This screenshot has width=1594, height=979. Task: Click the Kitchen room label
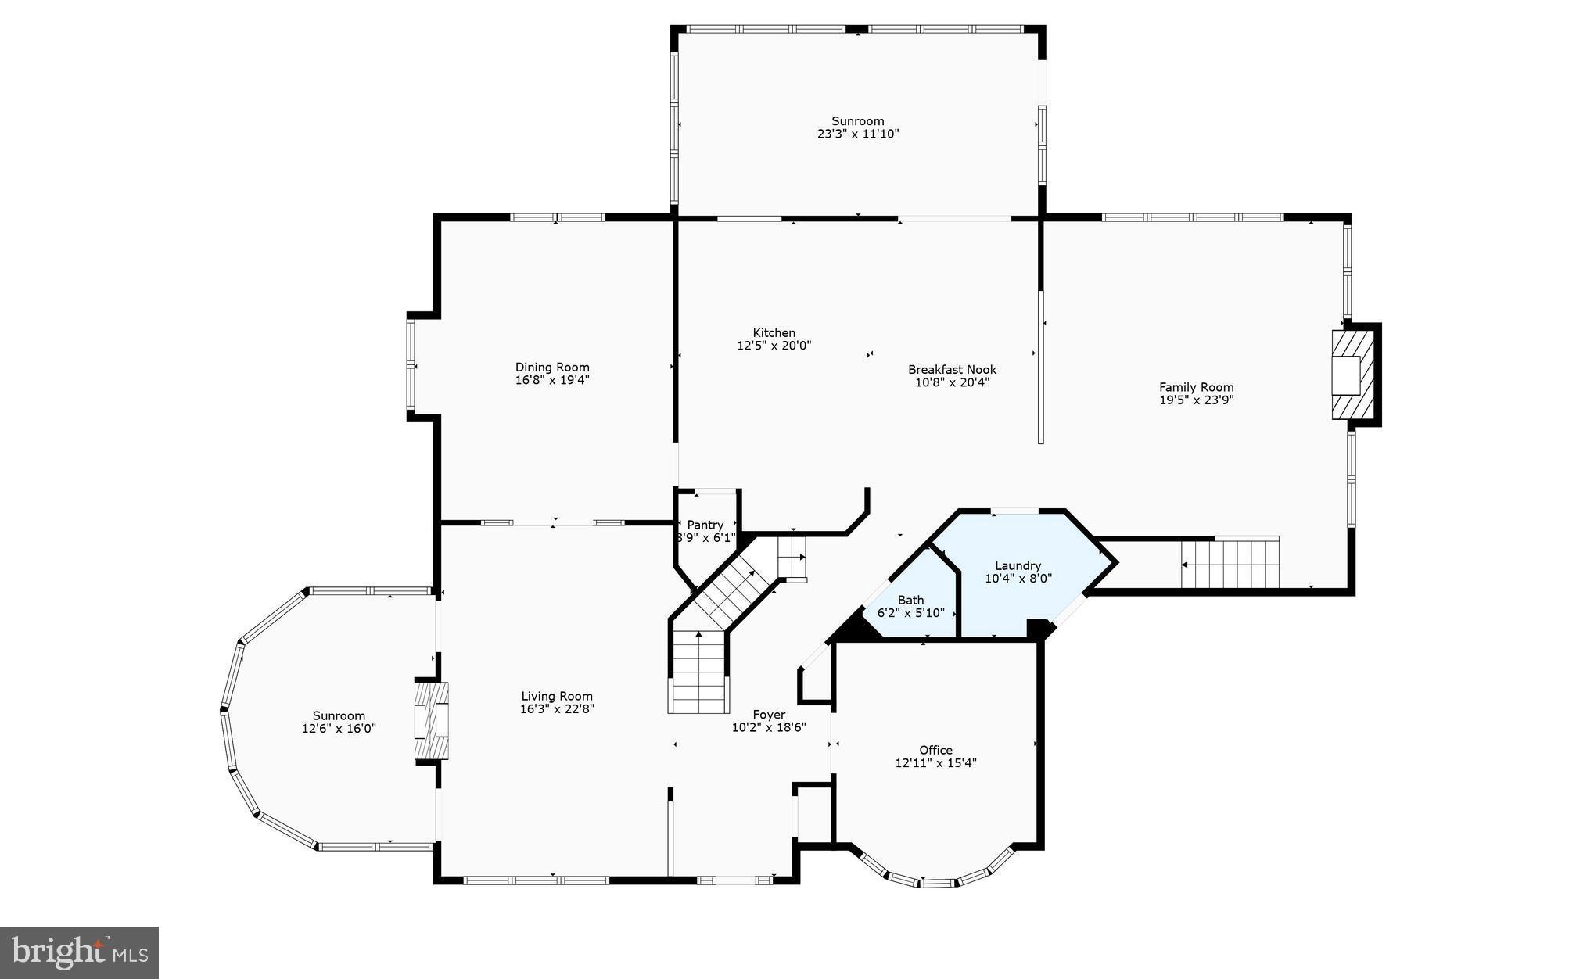point(774,333)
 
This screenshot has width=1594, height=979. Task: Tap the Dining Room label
point(552,368)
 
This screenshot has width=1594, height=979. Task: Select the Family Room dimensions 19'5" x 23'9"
point(1196,400)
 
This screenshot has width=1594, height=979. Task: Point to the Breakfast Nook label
point(952,370)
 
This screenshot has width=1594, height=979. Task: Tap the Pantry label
point(705,525)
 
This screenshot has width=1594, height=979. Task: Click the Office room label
point(935,750)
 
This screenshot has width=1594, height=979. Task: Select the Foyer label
point(769,714)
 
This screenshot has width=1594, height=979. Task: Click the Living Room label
point(557,696)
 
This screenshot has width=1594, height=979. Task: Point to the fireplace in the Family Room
point(1352,375)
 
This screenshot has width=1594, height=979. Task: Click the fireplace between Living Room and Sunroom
point(432,721)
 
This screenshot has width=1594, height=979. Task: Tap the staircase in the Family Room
point(1230,563)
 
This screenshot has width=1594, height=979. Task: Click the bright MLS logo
point(80,952)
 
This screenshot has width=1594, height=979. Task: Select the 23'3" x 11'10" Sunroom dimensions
point(858,134)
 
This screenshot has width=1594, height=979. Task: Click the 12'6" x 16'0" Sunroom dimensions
point(339,728)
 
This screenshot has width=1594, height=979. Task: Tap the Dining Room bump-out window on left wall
point(411,366)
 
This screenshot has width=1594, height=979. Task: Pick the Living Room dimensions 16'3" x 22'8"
point(557,709)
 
